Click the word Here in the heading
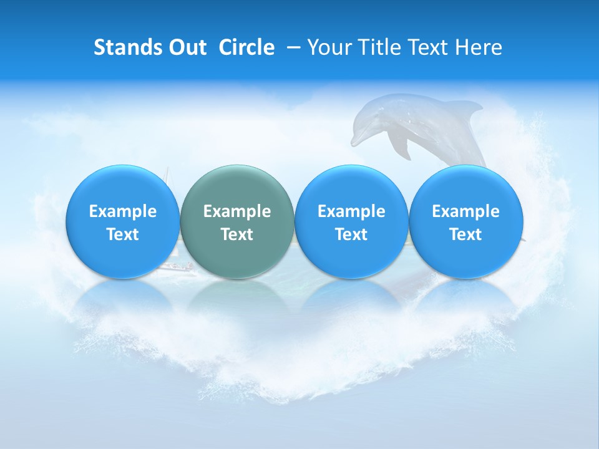click(x=478, y=47)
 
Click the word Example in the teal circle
click(x=237, y=211)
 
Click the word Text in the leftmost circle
click(x=122, y=234)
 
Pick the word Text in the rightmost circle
click(x=466, y=234)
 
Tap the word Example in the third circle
click(x=351, y=211)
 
